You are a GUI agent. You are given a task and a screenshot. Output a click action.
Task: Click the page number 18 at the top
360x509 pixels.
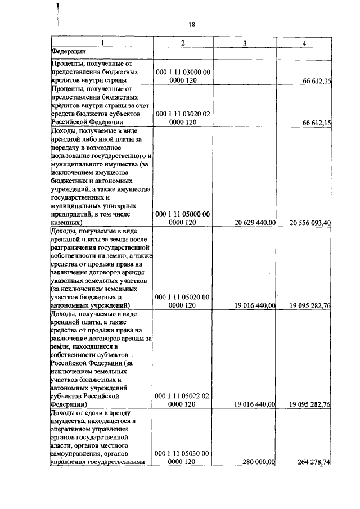point(191,25)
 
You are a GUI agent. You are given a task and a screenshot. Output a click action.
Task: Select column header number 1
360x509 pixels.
point(102,43)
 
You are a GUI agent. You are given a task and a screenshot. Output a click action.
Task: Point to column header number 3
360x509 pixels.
point(244,43)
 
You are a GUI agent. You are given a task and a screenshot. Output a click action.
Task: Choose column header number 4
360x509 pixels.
point(304,43)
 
